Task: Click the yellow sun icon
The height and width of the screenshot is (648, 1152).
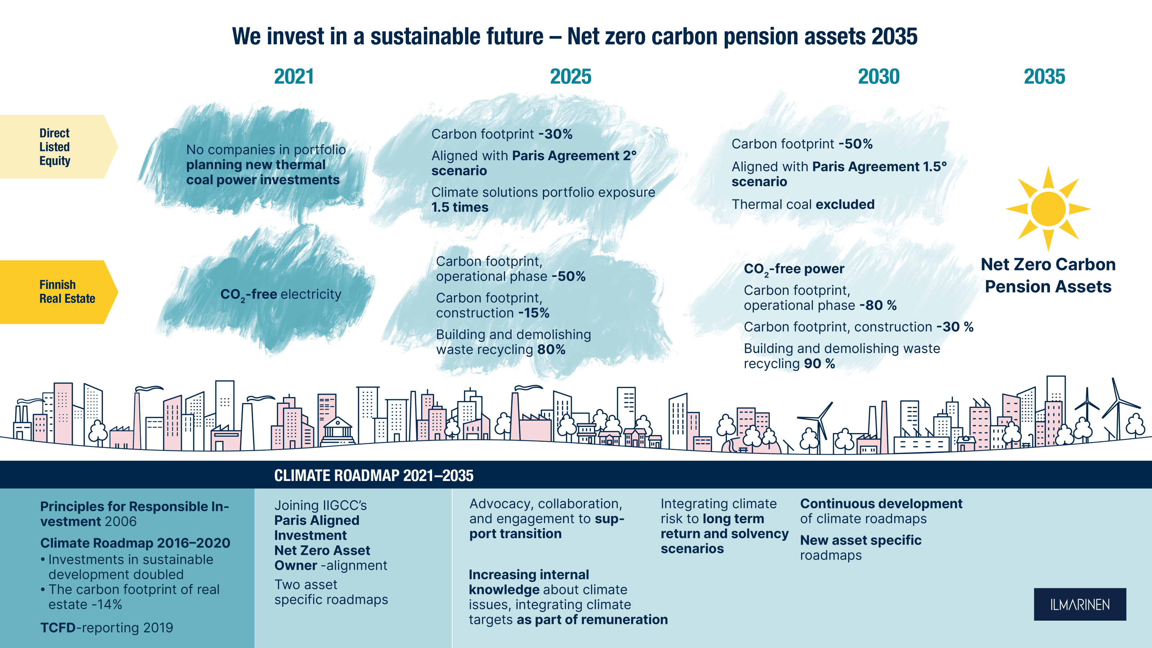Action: click(1048, 209)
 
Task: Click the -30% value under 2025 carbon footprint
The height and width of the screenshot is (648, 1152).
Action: click(555, 134)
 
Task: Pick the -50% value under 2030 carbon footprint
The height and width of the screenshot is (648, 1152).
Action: click(855, 144)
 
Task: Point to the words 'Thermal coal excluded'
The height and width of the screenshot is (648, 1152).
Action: click(803, 204)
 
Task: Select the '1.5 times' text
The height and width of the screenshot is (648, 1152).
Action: click(460, 207)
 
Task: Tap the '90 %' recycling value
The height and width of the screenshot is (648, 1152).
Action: click(819, 364)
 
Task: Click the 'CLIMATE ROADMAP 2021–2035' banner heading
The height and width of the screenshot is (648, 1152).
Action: click(374, 475)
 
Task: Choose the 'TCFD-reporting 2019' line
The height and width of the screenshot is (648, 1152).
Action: click(107, 627)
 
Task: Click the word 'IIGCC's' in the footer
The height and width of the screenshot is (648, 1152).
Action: click(343, 505)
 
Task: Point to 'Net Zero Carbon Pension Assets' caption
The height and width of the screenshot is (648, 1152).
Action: click(1048, 275)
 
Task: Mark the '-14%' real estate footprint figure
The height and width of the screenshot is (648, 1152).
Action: click(107, 605)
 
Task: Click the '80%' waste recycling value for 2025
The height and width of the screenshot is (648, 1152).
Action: click(552, 350)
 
